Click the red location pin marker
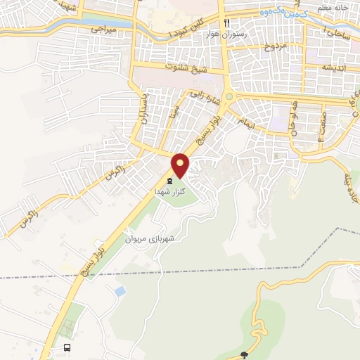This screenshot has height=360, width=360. click(181, 165)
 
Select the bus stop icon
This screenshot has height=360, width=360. click(67, 347)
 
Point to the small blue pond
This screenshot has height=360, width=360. click(120, 290)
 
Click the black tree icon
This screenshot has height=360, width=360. click(245, 355)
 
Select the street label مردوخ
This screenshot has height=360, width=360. click(277, 48)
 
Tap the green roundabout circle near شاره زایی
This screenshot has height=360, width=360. click(228, 96)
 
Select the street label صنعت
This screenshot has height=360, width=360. click(322, 125)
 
